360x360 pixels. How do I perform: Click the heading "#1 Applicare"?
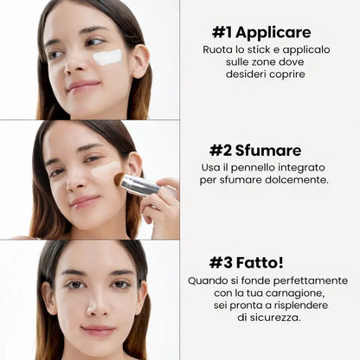pyautogui.click(x=261, y=32)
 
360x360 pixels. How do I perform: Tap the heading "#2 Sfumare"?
pyautogui.click(x=255, y=151)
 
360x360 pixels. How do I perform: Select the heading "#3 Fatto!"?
pyautogui.click(x=247, y=263)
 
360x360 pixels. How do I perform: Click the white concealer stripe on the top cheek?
pyautogui.click(x=107, y=57)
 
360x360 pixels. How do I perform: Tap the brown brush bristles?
pyautogui.click(x=119, y=179)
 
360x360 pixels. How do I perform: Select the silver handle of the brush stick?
pyautogui.click(x=140, y=185)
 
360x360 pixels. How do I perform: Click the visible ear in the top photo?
pyautogui.click(x=140, y=61)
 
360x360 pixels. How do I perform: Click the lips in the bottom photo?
pyautogui.click(x=98, y=331)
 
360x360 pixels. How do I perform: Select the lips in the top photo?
pyautogui.click(x=83, y=87)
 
